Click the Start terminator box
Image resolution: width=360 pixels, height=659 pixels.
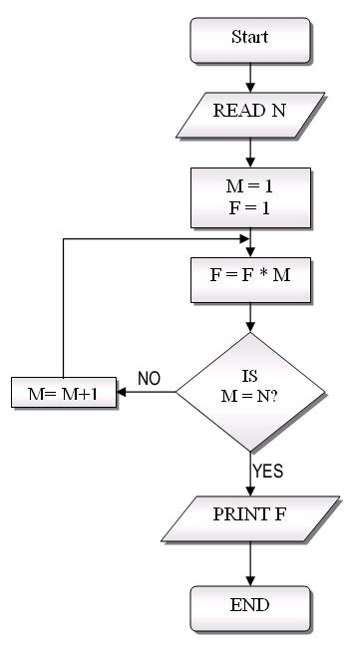point(250,38)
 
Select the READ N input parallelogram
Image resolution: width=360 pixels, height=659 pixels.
point(251,110)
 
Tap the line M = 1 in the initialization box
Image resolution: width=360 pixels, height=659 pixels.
point(251,183)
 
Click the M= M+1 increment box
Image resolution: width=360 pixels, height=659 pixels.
point(63,392)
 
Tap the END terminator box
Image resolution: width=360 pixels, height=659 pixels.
point(250,604)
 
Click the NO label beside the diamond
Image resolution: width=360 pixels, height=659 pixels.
point(149,379)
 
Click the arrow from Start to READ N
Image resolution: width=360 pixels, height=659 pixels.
point(251,75)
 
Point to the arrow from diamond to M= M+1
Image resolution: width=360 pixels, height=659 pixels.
point(147,392)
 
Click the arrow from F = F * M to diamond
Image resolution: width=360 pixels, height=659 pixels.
point(251,318)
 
